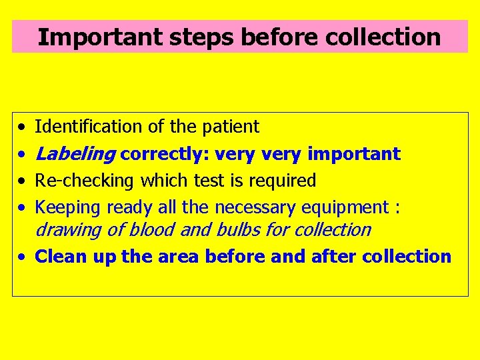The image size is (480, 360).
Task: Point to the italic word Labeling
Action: click(75, 155)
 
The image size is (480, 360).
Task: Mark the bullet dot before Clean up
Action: click(23, 257)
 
